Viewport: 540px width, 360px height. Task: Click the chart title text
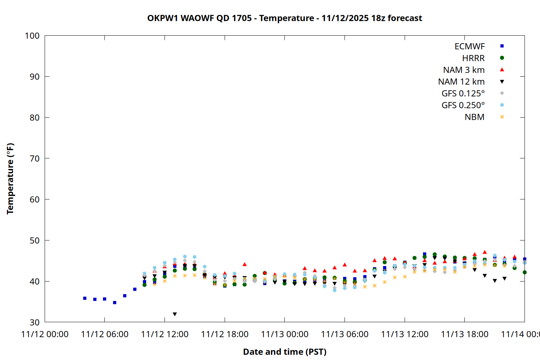click(x=284, y=18)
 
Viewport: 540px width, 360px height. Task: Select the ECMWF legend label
click(x=469, y=46)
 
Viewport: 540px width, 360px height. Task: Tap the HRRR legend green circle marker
click(x=502, y=58)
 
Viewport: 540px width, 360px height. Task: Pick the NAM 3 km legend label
click(x=464, y=70)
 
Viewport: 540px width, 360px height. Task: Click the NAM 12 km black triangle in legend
click(x=502, y=82)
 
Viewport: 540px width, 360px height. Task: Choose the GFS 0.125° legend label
click(x=463, y=94)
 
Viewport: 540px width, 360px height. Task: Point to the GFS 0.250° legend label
click(x=463, y=105)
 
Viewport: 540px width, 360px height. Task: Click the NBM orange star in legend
click(x=502, y=117)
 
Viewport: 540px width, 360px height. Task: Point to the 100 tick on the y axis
click(x=32, y=36)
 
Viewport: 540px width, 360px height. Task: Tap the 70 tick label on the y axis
click(x=35, y=158)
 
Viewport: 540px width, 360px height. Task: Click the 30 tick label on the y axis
click(x=35, y=322)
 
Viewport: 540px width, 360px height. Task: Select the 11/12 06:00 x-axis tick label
click(x=105, y=334)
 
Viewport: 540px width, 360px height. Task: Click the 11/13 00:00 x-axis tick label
click(x=285, y=334)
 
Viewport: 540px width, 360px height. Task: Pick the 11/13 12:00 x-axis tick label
click(x=405, y=334)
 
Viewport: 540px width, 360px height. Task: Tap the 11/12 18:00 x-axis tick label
click(x=225, y=334)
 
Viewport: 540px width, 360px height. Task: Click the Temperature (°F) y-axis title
click(x=10, y=179)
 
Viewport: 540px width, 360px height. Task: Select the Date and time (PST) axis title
click(x=285, y=352)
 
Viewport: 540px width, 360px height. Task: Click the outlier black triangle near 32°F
click(x=175, y=314)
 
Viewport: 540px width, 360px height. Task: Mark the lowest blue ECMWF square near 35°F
click(x=114, y=303)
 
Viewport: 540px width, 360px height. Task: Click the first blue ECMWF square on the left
click(x=85, y=298)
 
